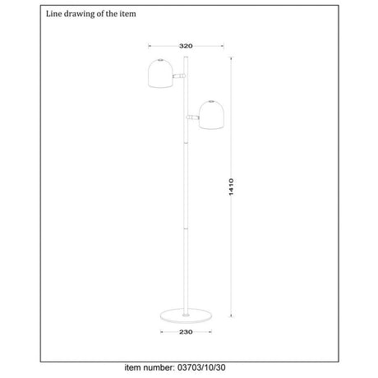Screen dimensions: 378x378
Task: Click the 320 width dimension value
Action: [186, 46]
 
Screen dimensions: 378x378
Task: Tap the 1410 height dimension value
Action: [231, 187]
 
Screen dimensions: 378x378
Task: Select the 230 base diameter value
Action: [186, 332]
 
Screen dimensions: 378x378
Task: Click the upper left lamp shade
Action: [160, 73]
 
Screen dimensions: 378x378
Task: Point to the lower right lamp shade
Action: [211, 115]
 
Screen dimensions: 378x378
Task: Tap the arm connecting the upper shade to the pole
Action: [179, 76]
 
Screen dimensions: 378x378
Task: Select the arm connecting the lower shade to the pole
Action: [193, 118]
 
